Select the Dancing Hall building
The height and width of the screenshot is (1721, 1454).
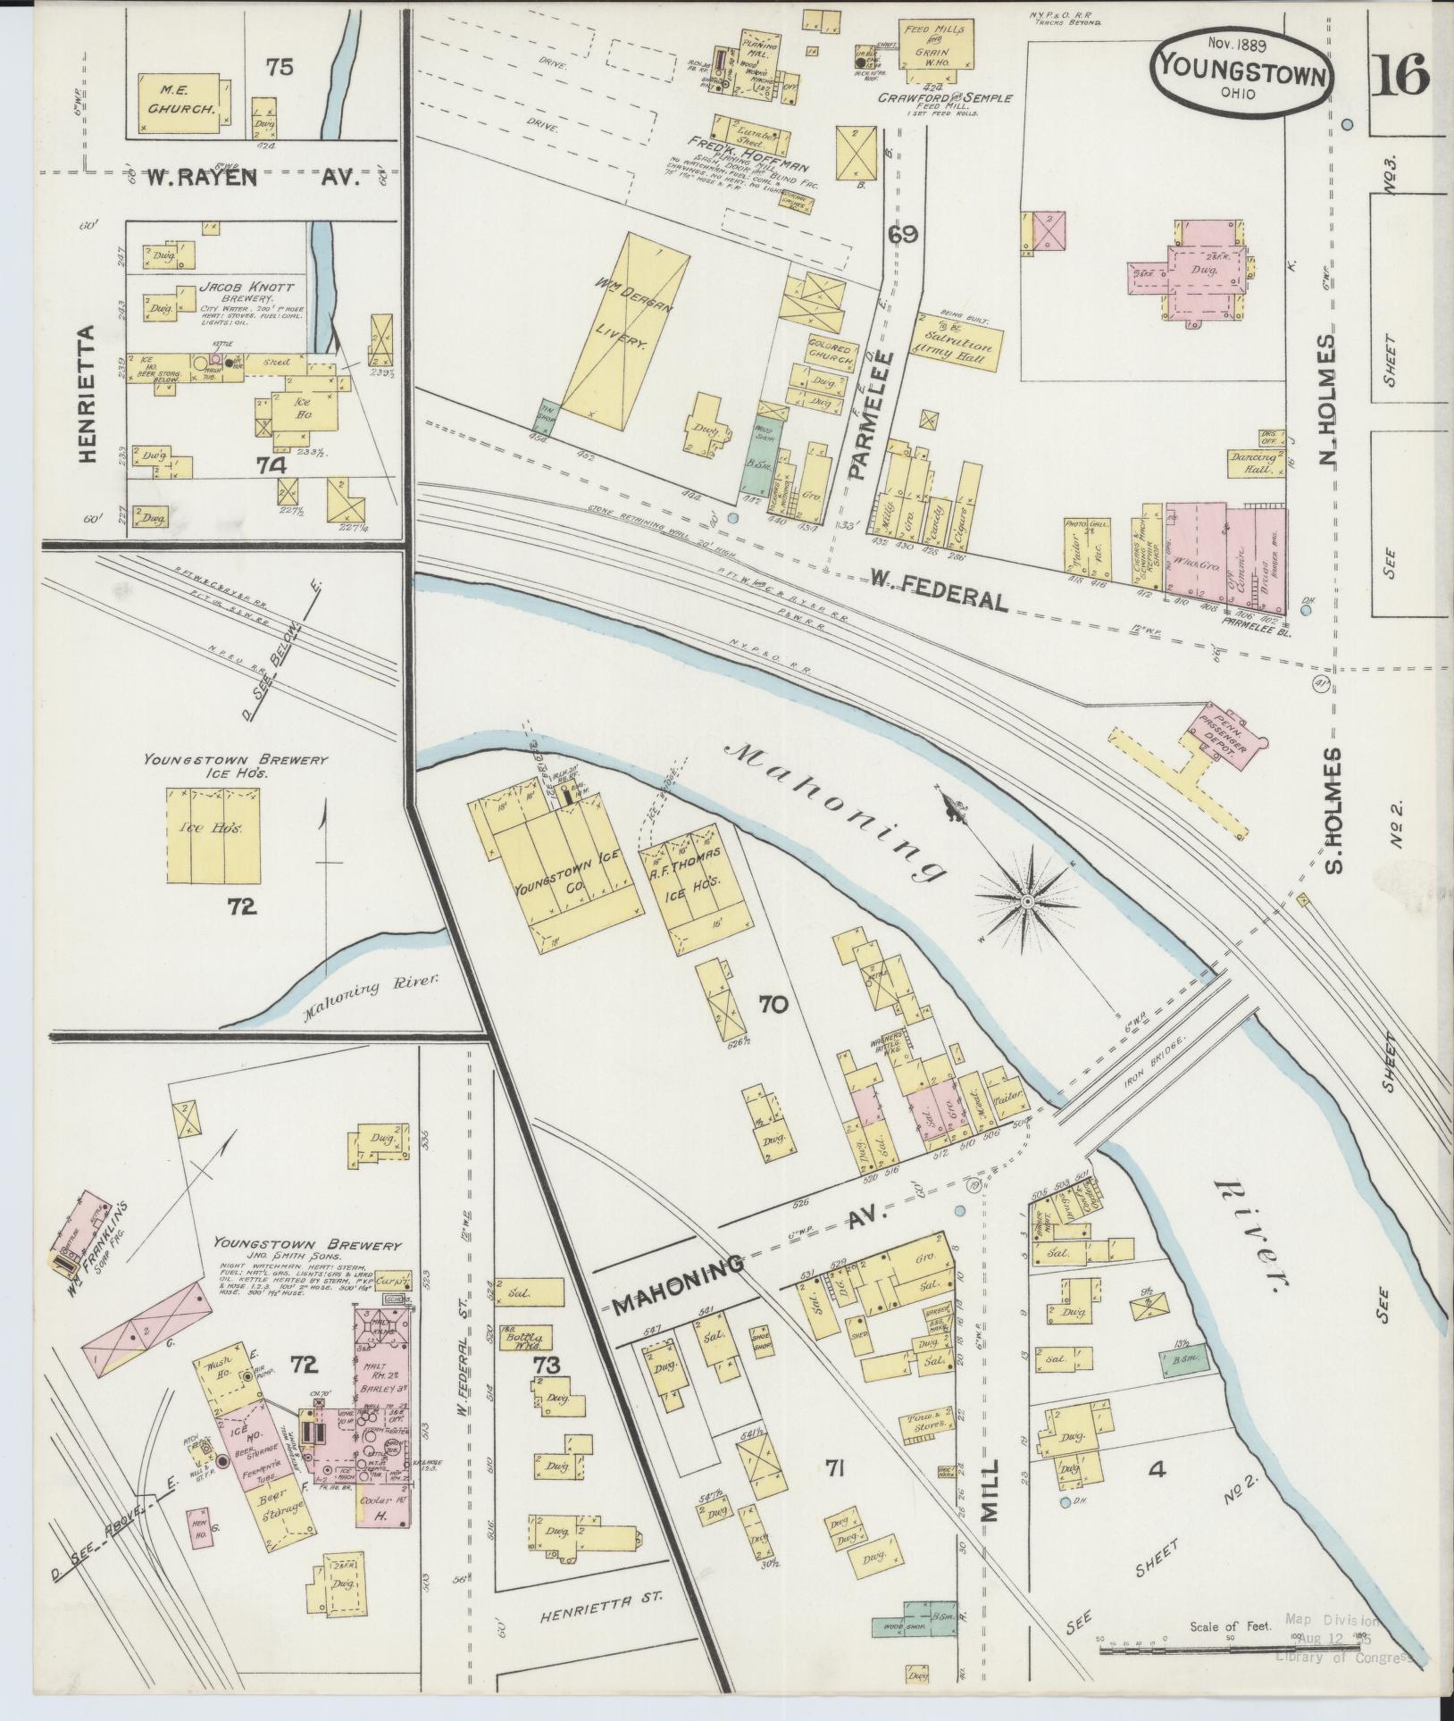pos(1254,462)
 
